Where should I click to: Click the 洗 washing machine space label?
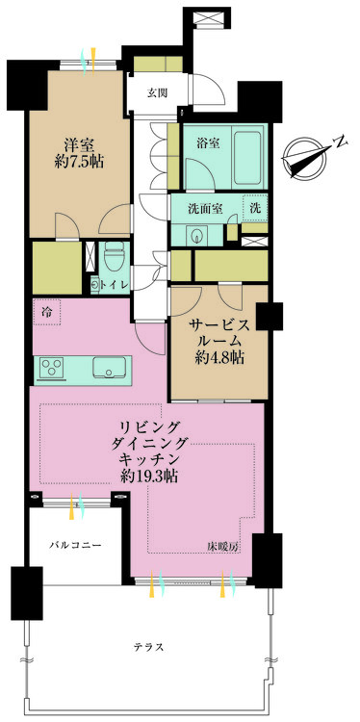click(x=255, y=207)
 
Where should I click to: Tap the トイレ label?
click(x=116, y=285)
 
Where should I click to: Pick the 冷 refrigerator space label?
click(x=45, y=311)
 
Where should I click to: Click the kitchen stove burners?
click(x=51, y=367)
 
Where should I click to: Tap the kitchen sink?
click(x=108, y=367)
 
